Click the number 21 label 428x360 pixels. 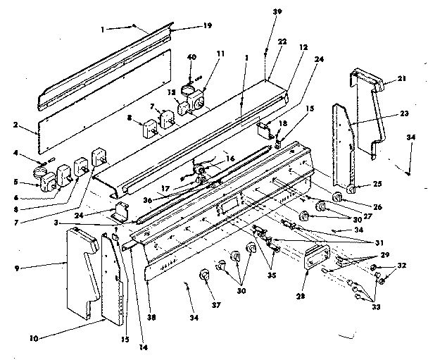pos(401,80)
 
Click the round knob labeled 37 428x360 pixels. pos(206,275)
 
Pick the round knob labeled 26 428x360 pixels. pos(337,196)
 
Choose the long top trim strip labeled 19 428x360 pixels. pos(106,63)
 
